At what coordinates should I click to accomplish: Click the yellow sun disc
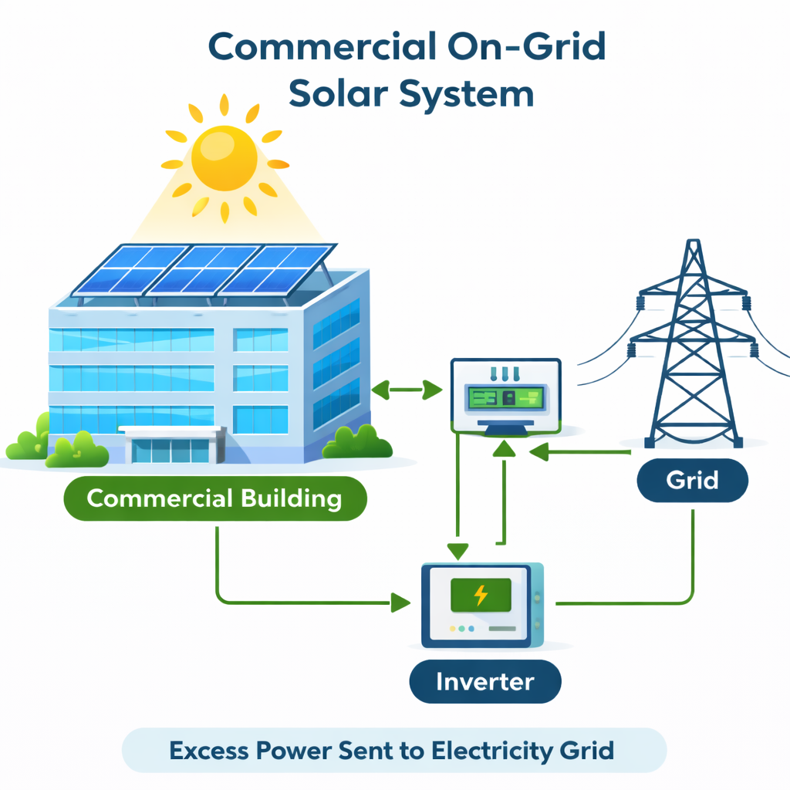coord(225,157)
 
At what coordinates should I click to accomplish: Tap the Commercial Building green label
coord(214,498)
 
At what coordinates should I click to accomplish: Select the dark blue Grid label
coord(692,481)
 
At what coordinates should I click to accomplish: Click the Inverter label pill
coord(484,682)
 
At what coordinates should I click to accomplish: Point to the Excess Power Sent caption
coord(393,750)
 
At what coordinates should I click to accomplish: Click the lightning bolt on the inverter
coord(480,595)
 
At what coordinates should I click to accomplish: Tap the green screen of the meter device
coord(506,398)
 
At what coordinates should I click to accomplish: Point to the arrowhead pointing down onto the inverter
coord(458,551)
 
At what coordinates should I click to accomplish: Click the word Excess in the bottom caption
coord(207,750)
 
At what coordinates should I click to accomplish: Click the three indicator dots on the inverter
coord(461,629)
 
